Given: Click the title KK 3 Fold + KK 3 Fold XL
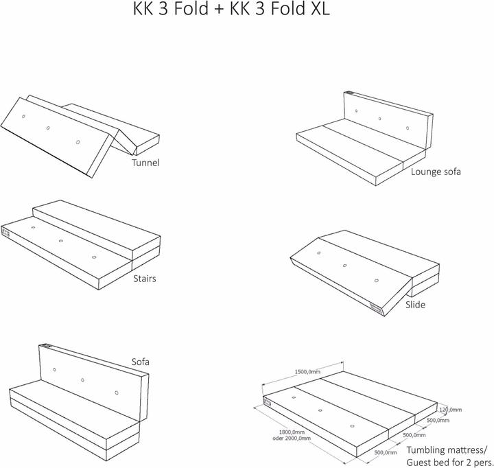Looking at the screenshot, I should point(231,12).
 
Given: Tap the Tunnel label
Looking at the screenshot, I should point(145,163).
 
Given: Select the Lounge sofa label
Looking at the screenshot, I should point(436,172).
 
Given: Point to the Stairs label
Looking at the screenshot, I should point(145,279).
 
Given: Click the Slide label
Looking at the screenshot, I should point(415,304).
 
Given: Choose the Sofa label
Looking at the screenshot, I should point(141,361).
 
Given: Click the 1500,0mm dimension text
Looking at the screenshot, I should point(307,371).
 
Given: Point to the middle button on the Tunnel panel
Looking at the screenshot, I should point(48,128).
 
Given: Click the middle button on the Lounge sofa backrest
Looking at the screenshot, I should point(380,119).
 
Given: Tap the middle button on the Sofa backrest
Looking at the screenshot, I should point(82,379).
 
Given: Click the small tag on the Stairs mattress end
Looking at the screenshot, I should point(7,232).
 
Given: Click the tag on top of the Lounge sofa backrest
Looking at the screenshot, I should point(349,93).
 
